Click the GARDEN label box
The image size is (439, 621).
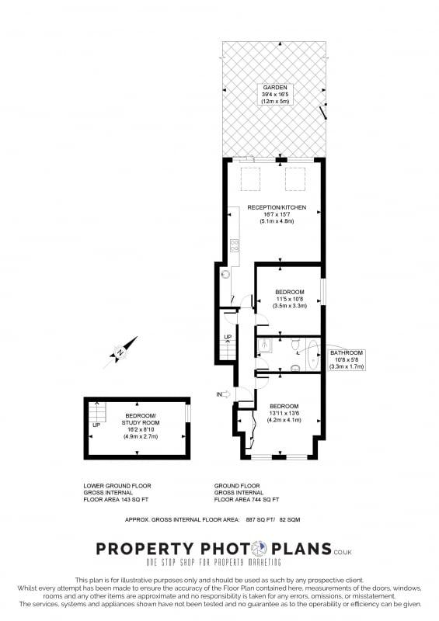(277, 94)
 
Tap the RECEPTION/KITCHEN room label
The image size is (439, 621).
(277, 207)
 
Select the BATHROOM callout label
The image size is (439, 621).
(347, 359)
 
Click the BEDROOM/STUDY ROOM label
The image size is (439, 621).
(141, 419)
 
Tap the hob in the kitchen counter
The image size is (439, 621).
(235, 245)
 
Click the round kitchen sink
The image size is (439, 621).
(226, 274)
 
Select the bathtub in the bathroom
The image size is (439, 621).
(313, 354)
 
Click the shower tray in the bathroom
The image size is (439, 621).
(264, 345)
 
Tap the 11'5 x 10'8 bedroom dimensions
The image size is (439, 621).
(290, 299)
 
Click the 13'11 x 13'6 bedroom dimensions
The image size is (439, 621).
(284, 413)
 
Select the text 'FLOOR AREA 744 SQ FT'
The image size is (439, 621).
(246, 499)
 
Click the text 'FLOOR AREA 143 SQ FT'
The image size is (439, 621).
(116, 499)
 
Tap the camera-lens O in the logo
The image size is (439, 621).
(260, 549)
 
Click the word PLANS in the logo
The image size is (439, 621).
(301, 549)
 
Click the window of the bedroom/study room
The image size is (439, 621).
(188, 412)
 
